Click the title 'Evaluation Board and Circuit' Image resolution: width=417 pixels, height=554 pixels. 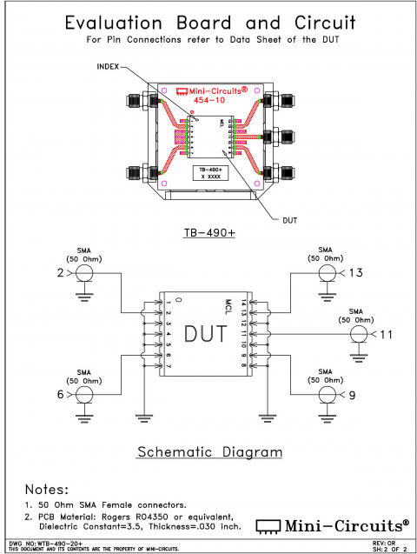pos(208,23)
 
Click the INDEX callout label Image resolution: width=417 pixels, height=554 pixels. pos(106,65)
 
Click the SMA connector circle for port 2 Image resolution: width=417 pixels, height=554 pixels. pos(84,274)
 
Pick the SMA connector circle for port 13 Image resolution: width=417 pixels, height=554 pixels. pos(327,274)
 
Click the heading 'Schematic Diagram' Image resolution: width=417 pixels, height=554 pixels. pos(211,452)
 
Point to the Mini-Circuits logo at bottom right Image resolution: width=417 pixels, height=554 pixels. pos(332,524)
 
